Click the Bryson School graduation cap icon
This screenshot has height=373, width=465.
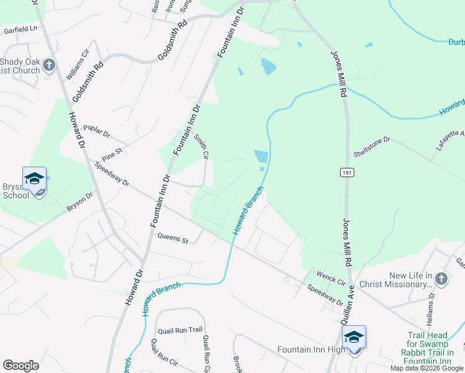(35, 179)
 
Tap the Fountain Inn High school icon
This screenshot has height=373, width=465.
(354, 338)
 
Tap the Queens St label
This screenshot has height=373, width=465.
(173, 237)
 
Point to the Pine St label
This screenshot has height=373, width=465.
(114, 151)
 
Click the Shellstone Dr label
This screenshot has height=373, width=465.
(372, 146)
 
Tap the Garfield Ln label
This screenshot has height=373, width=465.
(21, 29)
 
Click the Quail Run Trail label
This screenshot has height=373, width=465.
(180, 330)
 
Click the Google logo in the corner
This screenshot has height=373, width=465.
(21, 365)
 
